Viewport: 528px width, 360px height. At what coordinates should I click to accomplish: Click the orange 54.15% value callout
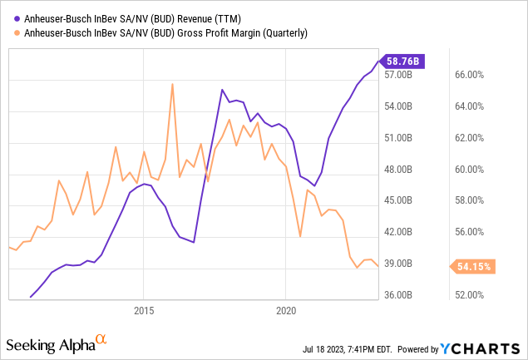pos(476,267)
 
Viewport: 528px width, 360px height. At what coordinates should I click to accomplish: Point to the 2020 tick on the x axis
pos(285,310)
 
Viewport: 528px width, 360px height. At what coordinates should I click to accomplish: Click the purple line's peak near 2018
pos(222,90)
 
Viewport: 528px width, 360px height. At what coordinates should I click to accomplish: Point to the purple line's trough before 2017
pos(193,242)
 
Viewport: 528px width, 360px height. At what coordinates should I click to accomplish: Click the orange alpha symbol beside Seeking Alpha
pos(101,339)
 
